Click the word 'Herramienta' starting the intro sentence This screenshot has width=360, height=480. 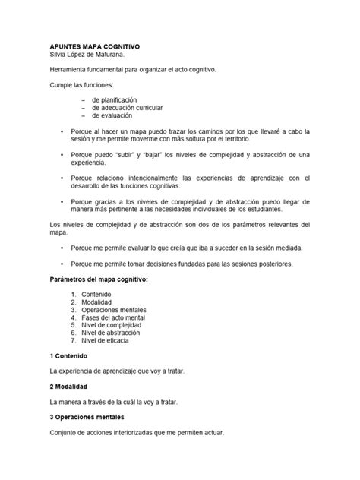69,70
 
